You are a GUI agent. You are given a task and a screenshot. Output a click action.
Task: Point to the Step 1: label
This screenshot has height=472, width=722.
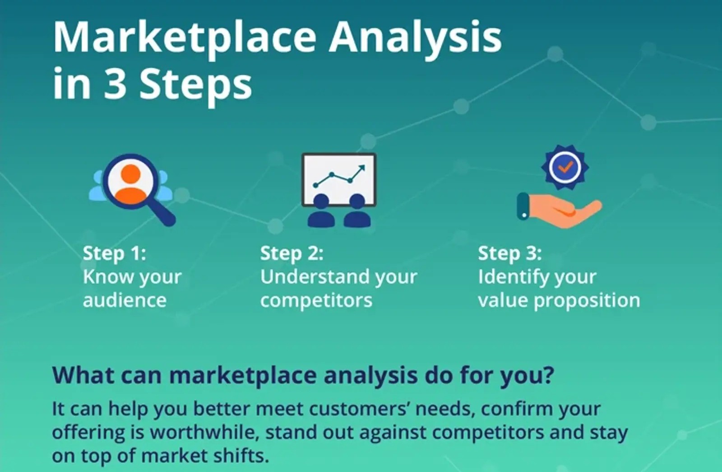pyautogui.click(x=115, y=253)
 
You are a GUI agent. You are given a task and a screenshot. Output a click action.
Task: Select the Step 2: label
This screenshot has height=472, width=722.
pyautogui.click(x=292, y=253)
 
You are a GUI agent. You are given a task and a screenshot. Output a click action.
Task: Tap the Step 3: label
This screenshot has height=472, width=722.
pyautogui.click(x=510, y=253)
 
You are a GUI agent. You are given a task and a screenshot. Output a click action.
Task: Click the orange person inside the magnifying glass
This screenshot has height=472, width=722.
pyautogui.click(x=130, y=184)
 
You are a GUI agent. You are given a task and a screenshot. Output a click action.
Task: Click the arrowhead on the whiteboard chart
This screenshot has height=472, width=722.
pyautogui.click(x=361, y=168)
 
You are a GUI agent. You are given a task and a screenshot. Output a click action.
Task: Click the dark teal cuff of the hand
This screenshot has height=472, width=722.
pyautogui.click(x=523, y=206)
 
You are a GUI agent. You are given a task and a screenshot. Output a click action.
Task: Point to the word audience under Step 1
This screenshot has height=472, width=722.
pyautogui.click(x=125, y=300)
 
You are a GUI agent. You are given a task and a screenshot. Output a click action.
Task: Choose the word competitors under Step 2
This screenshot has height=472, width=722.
pyautogui.click(x=316, y=301)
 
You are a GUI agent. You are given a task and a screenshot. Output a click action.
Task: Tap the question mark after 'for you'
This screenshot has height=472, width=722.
pyautogui.click(x=547, y=375)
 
